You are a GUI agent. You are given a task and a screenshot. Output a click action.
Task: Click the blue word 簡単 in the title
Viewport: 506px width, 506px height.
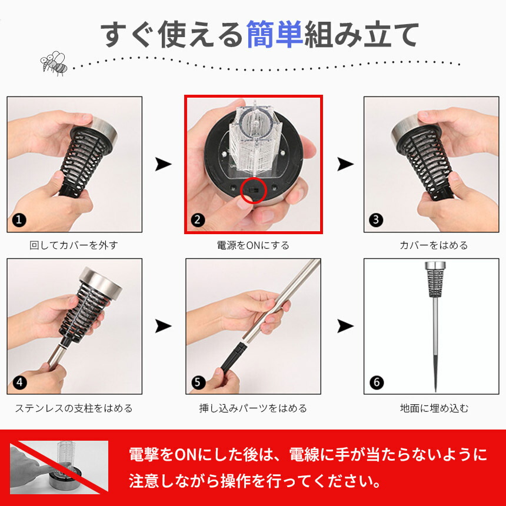click(275, 34)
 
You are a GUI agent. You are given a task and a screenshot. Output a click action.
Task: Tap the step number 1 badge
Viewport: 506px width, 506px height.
click(19, 220)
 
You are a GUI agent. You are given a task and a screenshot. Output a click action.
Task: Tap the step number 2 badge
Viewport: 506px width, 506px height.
click(198, 220)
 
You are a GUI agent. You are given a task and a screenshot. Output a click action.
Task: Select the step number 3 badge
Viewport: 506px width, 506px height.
click(376, 220)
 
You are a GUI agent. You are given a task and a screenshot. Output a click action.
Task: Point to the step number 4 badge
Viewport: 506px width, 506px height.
click(19, 382)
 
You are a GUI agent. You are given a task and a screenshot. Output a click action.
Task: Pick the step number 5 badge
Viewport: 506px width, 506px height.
click(198, 382)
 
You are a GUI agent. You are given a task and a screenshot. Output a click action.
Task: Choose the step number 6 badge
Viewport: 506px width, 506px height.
click(377, 382)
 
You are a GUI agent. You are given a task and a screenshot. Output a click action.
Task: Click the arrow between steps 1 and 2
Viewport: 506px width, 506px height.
click(164, 164)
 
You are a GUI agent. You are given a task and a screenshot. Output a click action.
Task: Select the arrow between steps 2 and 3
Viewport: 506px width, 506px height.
click(345, 164)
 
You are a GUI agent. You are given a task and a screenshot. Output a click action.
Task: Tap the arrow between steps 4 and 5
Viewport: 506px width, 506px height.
click(164, 326)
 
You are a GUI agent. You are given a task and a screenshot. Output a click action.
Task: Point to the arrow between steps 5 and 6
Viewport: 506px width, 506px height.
click(345, 326)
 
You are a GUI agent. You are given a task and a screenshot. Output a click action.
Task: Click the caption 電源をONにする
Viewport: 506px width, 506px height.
click(253, 245)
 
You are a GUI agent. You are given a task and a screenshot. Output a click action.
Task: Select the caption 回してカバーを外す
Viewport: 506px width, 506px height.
click(74, 245)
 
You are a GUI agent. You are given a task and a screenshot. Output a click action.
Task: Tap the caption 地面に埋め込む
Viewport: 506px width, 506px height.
click(434, 408)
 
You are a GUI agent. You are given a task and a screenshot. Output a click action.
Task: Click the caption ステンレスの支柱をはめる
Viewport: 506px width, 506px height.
click(74, 408)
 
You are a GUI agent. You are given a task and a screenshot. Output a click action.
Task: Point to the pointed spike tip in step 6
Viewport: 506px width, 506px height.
click(435, 391)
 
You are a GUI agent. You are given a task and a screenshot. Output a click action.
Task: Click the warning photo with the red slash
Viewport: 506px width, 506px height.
click(59, 467)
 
